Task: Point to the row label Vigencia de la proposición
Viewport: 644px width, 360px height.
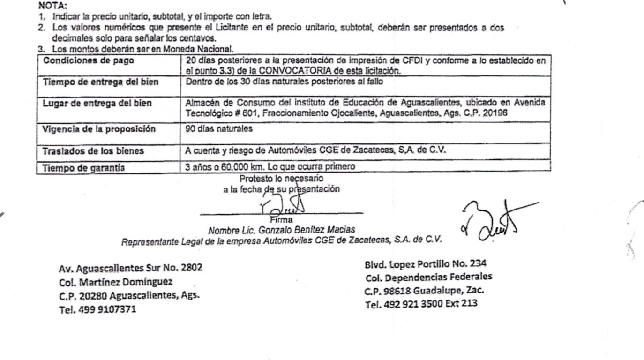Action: coord(98,129)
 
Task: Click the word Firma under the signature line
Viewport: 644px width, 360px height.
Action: coord(281,219)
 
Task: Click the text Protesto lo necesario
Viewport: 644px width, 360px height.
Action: coord(281,178)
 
